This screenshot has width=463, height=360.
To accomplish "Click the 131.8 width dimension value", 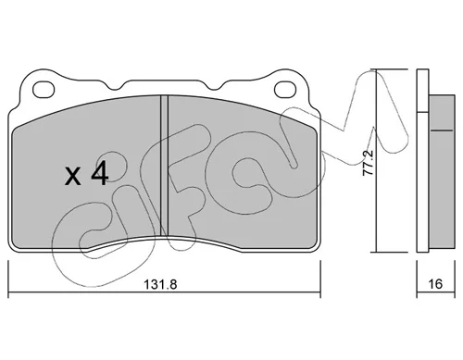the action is coord(160,284).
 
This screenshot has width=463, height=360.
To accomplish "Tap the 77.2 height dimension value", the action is coord(368,163).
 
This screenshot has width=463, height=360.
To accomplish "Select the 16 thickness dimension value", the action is coord(435,284).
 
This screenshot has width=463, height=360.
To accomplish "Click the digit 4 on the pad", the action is coord(100,174).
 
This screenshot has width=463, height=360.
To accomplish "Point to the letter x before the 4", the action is coord(73,177).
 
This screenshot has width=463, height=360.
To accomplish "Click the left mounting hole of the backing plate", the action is coord(44,90).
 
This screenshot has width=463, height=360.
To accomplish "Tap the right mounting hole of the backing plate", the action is coord(285,90).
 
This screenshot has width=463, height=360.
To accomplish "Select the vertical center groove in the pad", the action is coord(165,166).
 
